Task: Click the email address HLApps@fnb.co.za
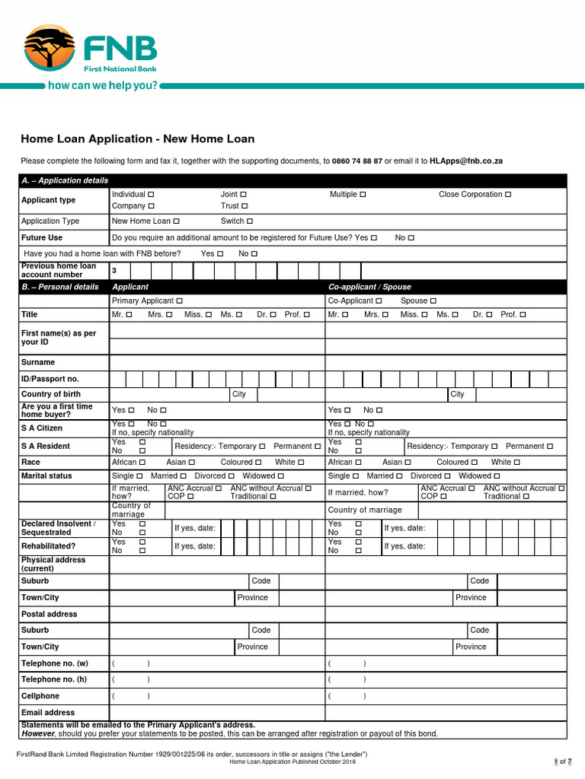tap(466, 161)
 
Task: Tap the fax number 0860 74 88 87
tap(357, 161)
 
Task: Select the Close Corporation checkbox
tap(508, 195)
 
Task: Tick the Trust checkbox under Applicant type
tap(245, 206)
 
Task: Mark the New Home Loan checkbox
tap(177, 221)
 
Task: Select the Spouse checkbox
tap(433, 301)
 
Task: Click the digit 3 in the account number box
tap(114, 271)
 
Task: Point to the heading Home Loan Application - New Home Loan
tap(137, 139)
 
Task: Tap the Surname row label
tap(38, 362)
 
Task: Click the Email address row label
tap(48, 713)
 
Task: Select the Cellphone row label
tap(40, 696)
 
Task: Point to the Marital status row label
tap(46, 475)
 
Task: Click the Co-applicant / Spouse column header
tap(369, 287)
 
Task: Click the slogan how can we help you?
tap(103, 85)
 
